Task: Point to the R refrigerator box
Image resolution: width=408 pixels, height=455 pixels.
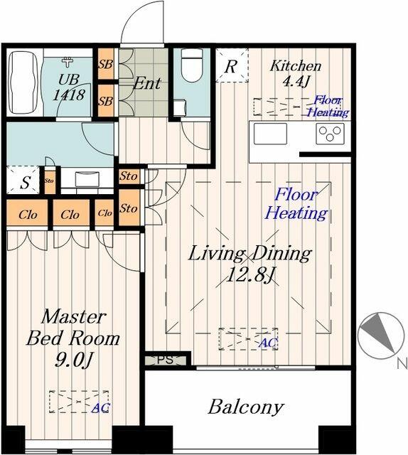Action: pyautogui.click(x=232, y=67)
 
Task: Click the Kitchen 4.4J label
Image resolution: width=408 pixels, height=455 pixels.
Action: pyautogui.click(x=296, y=74)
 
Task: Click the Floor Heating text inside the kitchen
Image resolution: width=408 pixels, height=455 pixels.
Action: pyautogui.click(x=328, y=107)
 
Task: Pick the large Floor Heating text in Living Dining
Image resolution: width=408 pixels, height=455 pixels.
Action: pyautogui.click(x=296, y=203)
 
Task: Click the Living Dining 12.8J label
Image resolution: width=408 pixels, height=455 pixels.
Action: pyautogui.click(x=249, y=264)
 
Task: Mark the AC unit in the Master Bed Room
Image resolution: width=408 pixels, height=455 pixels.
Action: pyautogui.click(x=79, y=402)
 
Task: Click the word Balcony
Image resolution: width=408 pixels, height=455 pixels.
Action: pyautogui.click(x=245, y=407)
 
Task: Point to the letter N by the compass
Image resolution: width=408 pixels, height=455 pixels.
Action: pyautogui.click(x=402, y=365)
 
